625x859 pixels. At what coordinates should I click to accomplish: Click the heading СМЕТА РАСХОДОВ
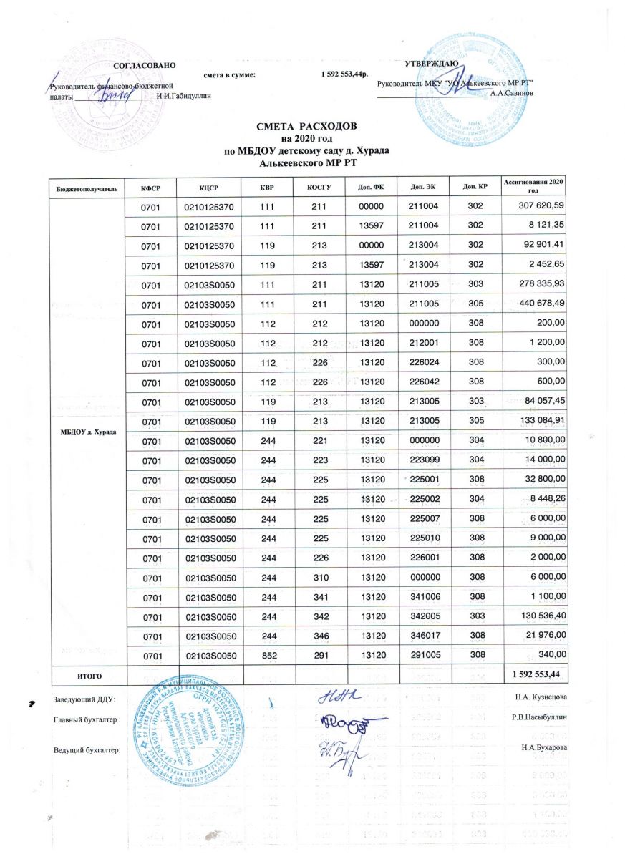coord(311,127)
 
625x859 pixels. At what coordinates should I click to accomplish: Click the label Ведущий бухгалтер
coord(87,749)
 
